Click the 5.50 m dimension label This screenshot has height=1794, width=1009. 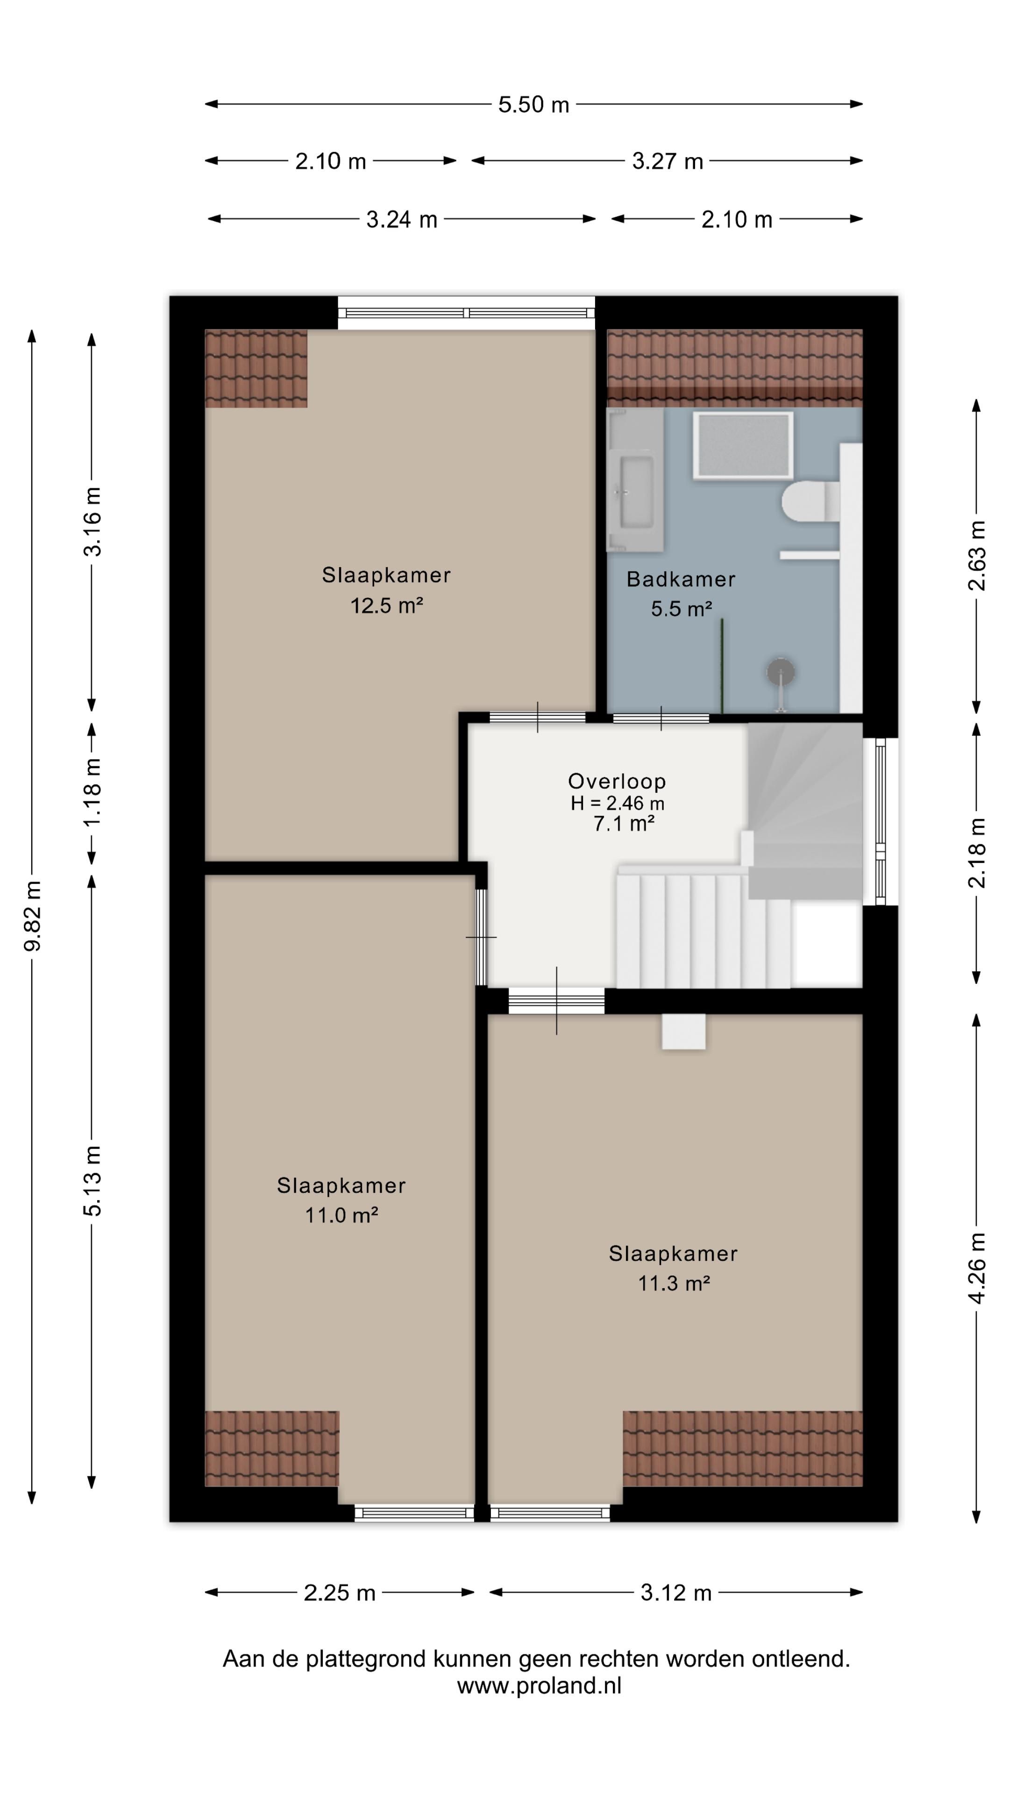(533, 105)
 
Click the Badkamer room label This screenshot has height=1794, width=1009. (680, 579)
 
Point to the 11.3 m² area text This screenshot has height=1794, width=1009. (673, 1283)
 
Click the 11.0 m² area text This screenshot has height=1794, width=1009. (341, 1215)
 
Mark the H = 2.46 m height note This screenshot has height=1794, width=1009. (617, 803)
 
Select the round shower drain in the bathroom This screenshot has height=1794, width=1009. (781, 672)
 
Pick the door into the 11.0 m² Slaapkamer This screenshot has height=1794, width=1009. (481, 937)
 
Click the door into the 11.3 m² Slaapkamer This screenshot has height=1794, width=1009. (556, 1001)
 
